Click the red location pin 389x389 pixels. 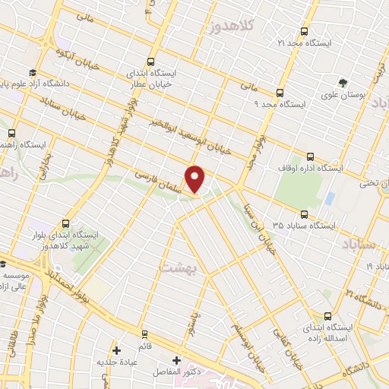[196, 179]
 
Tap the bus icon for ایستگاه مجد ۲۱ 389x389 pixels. [305, 32]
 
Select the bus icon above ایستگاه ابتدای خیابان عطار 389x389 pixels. [150, 62]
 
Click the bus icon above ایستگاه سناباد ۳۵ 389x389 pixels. [304, 214]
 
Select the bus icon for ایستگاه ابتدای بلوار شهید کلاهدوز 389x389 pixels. [65, 223]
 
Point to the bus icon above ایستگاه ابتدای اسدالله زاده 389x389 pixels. [327, 315]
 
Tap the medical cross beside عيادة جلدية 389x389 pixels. [116, 351]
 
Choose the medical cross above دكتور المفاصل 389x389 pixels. [176, 360]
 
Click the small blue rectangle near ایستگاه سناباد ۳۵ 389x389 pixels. [329, 199]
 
